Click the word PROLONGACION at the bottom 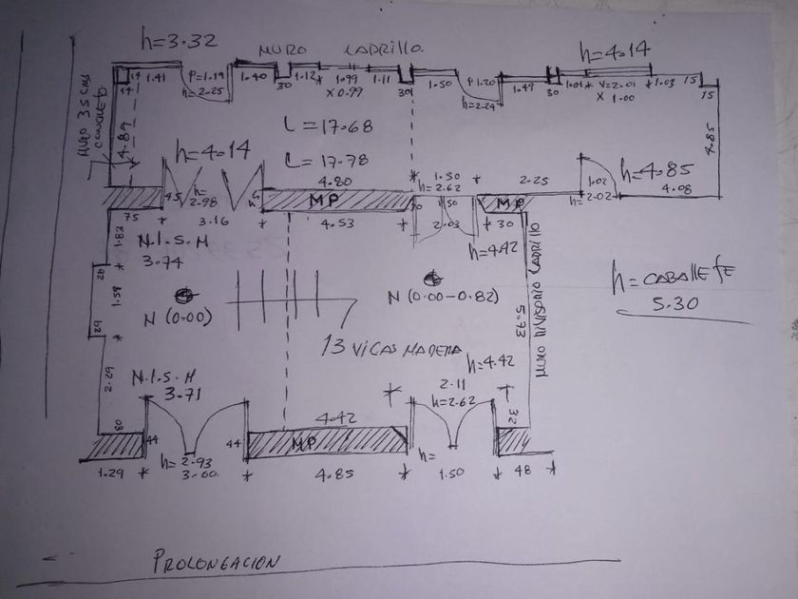tap(216, 562)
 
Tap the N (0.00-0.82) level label tap(442, 298)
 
